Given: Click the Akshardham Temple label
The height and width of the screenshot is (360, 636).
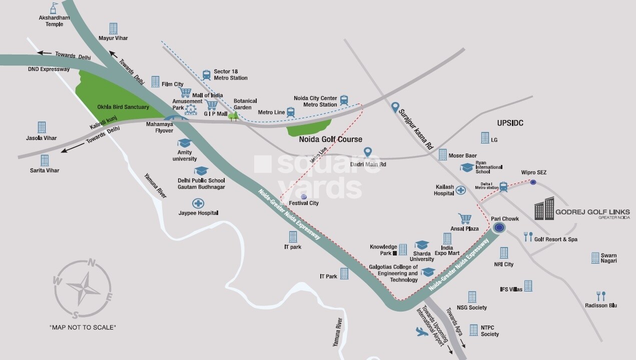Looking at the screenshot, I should tap(54, 21).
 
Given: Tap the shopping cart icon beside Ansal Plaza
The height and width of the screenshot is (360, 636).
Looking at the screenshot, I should tap(465, 218).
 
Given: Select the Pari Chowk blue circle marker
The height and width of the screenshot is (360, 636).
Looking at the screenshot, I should tap(498, 228).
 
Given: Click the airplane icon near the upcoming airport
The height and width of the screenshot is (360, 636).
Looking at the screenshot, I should tap(422, 331).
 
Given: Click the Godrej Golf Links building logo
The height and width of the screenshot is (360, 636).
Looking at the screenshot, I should tap(544, 208).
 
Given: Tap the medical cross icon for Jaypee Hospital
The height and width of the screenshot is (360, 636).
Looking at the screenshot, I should tap(199, 203).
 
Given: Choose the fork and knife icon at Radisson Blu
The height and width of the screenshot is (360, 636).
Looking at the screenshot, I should tap(601, 295).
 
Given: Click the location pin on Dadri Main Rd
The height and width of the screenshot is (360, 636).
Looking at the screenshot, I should tap(368, 152).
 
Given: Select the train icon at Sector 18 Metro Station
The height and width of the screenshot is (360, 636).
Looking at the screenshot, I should tap(207, 74).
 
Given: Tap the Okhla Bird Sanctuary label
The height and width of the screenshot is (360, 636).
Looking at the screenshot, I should tap(123, 107).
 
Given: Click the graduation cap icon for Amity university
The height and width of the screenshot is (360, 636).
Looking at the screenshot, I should tap(185, 143).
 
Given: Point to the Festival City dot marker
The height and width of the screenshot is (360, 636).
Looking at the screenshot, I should tap(304, 196).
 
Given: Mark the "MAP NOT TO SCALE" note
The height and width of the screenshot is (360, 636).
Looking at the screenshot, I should tap(83, 327).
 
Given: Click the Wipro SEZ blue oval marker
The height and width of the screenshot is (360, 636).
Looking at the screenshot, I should tap(533, 182).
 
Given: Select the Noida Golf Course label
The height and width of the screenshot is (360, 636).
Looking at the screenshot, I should tap(330, 139).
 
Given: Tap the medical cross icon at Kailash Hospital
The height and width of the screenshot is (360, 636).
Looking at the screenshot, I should tap(460, 190).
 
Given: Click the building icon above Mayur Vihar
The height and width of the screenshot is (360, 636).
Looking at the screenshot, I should tap(114, 28).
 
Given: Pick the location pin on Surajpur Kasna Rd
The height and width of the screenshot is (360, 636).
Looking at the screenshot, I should tap(395, 107).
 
